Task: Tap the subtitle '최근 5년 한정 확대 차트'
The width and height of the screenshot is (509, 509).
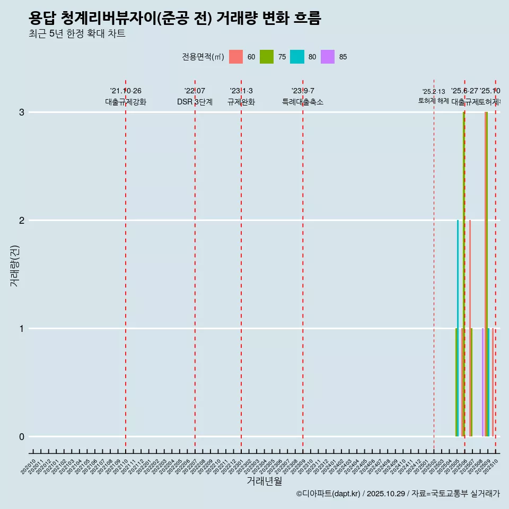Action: coord(77,34)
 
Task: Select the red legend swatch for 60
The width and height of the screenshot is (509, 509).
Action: coord(236,57)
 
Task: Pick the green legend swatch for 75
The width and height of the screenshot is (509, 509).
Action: coord(267,57)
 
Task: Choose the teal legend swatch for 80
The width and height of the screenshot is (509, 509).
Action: coord(297,57)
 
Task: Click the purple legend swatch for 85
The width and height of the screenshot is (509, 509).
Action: coord(328,57)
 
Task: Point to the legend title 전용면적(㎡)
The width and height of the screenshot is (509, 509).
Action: coord(203,57)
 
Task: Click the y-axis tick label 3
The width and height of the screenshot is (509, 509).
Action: coord(22,112)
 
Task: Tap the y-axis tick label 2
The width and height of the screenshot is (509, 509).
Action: coord(22,221)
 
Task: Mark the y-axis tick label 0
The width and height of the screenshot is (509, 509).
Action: coord(22,437)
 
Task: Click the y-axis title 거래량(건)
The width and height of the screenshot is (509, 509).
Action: coord(14,265)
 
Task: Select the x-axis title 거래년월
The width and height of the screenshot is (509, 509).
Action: coord(264,481)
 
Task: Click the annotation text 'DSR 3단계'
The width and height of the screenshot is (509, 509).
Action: coord(195,102)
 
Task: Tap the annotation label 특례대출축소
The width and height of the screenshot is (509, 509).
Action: coord(302,102)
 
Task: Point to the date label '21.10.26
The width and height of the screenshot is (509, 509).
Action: coord(126,91)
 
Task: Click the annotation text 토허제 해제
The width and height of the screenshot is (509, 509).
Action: coord(434,100)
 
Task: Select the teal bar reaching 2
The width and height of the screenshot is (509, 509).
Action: coord(458,329)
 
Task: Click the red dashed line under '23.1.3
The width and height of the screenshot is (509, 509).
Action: coord(241,265)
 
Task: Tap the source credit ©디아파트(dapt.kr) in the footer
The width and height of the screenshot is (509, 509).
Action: coord(329,494)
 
